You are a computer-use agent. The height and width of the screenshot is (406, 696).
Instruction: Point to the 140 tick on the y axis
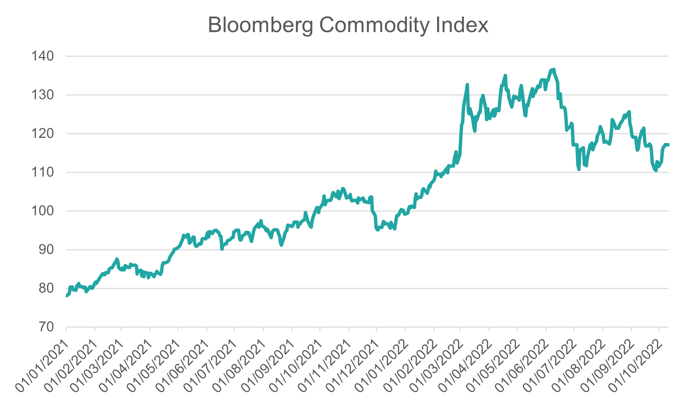42,56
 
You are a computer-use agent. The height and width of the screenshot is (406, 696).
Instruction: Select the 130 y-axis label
42,95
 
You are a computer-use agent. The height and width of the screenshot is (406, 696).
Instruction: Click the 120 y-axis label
42,134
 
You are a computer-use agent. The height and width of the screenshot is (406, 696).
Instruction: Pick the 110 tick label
42,172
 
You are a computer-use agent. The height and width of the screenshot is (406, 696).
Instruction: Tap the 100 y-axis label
42,211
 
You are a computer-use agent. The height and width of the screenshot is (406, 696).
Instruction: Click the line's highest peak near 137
554,70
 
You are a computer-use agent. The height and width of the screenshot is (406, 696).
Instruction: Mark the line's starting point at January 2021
66,296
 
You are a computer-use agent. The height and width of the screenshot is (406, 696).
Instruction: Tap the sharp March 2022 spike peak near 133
467,85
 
